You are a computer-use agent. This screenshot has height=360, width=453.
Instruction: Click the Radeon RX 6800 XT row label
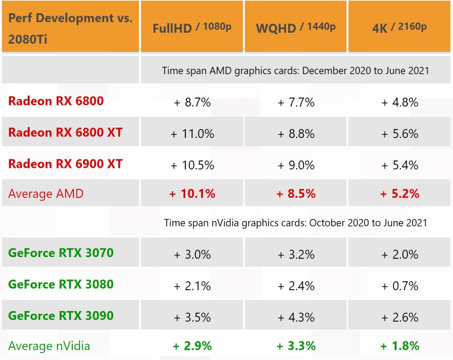click(x=66, y=133)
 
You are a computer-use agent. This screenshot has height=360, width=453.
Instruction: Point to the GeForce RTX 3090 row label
click(x=61, y=316)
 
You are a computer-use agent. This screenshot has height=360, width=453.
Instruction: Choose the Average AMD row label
click(x=46, y=194)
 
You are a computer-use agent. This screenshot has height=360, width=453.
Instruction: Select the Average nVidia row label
click(x=49, y=346)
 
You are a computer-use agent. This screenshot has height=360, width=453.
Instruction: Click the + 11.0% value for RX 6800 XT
click(x=192, y=134)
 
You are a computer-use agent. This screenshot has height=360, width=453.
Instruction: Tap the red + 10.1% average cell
click(x=192, y=194)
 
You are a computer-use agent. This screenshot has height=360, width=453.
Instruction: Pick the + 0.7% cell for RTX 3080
click(x=399, y=286)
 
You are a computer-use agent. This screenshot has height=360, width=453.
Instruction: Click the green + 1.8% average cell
click(x=399, y=346)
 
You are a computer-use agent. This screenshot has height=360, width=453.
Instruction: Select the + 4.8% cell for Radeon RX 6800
click(x=399, y=102)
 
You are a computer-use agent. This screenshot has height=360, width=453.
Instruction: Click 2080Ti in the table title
click(x=28, y=39)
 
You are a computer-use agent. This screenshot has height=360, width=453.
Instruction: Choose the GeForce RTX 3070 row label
click(x=61, y=253)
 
